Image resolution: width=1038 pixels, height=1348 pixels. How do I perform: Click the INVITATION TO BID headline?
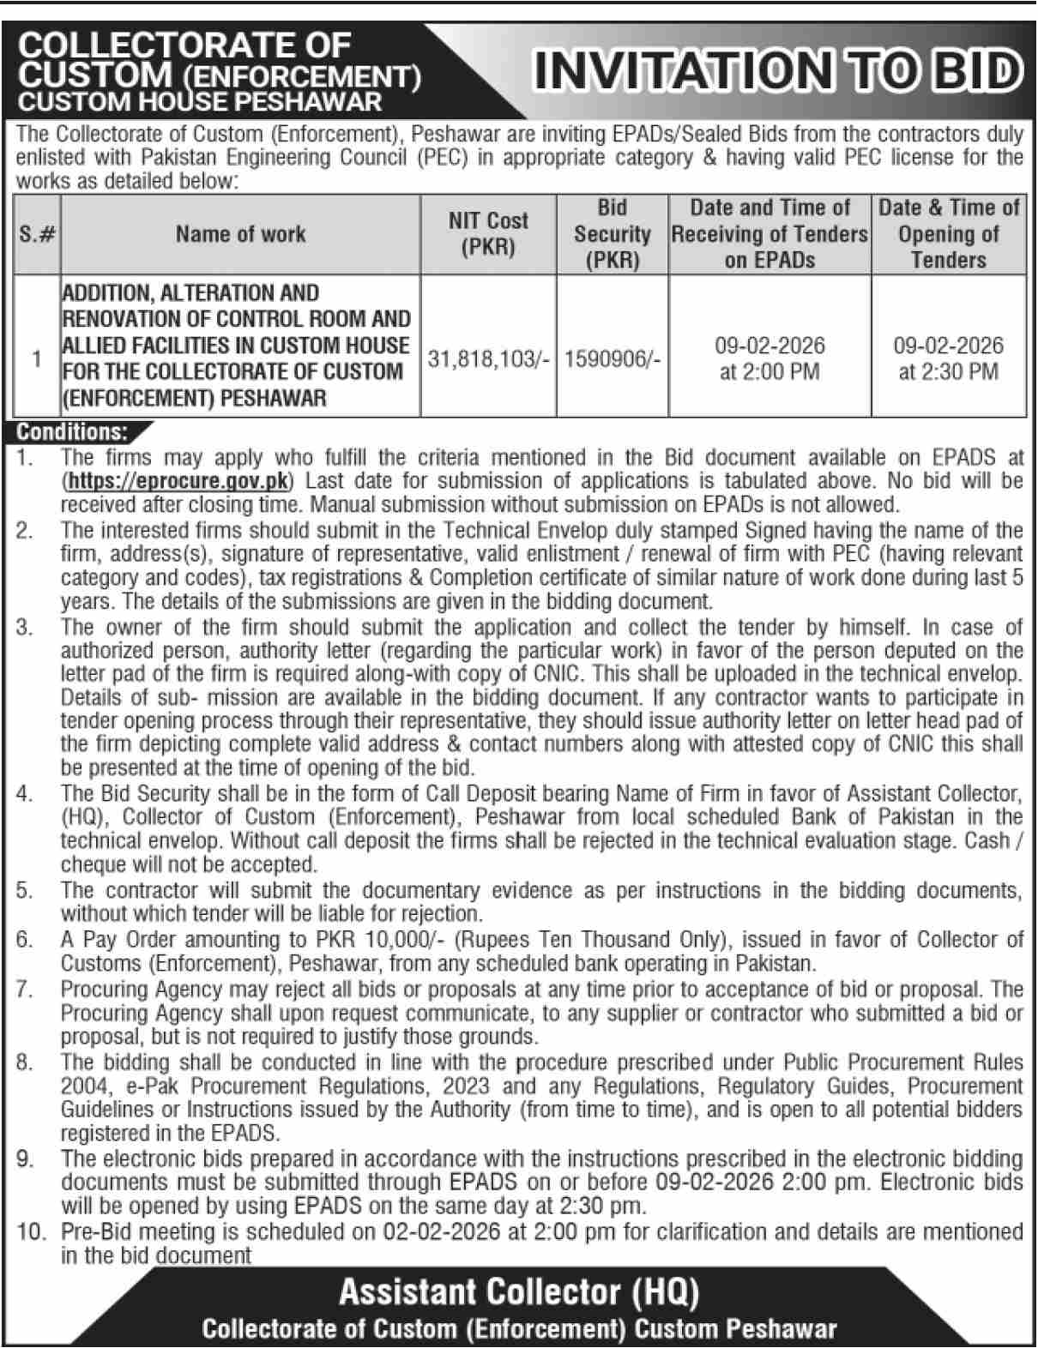point(777,71)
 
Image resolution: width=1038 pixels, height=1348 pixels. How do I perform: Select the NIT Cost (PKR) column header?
point(488,233)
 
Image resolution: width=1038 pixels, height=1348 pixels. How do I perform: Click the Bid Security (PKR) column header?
point(613,233)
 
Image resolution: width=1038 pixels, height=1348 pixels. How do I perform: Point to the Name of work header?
point(240,233)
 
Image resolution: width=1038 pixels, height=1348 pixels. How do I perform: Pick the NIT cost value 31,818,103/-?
point(488,359)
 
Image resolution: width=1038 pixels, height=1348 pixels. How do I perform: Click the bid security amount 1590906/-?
point(613,359)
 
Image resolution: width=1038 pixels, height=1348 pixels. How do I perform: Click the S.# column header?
point(37,233)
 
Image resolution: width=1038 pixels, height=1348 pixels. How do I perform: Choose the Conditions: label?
point(72,431)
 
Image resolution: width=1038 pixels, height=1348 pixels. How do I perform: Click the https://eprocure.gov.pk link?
point(179,480)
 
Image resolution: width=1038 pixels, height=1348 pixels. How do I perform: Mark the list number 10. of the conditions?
point(30,1231)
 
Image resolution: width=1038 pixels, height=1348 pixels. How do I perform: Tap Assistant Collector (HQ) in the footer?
point(518,1291)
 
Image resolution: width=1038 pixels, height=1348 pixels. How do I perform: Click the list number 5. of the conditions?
point(25,890)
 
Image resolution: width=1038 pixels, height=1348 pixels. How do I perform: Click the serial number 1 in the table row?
point(37,358)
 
